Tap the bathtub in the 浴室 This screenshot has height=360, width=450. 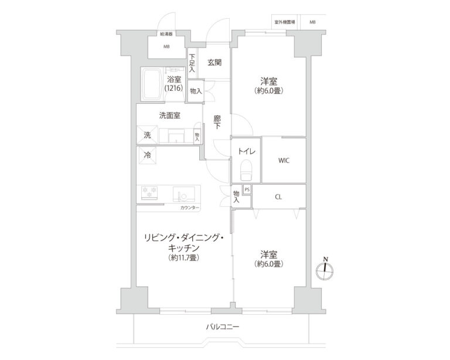154,84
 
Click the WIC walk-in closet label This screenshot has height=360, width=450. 284,160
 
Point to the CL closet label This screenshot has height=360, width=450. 278,197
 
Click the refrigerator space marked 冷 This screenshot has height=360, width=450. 148,155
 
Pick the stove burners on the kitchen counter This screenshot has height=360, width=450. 151,191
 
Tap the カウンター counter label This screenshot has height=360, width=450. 189,208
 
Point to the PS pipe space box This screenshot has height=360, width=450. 247,189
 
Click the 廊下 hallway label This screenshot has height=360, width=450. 217,122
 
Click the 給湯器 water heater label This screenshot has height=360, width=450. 166,35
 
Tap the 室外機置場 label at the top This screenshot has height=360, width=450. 284,22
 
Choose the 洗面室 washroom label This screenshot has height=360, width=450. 169,116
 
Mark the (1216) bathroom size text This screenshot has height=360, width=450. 174,88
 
